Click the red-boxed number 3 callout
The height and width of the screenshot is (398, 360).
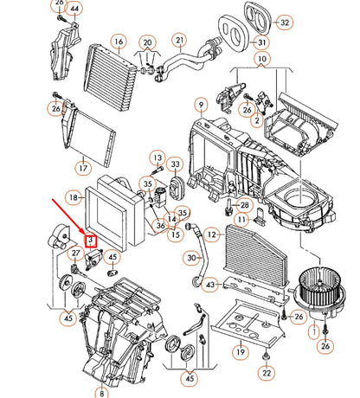coord(91,240)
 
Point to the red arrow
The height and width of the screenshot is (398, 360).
coord(69,216)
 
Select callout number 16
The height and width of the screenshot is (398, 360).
coord(119,42)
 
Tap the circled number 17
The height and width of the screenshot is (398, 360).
coord(83,168)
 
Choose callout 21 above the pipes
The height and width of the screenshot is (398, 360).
coord(180,41)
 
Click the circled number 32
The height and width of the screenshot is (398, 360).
coord(284,22)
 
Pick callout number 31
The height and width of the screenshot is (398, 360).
coord(261,42)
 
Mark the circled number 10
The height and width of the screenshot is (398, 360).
coord(262,59)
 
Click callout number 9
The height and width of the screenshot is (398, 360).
coord(201,105)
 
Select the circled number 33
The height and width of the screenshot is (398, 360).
coord(176,164)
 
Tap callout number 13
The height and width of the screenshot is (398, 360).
coord(157,158)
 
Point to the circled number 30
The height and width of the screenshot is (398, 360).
coord(191,258)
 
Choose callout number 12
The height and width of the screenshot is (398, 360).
coord(212,234)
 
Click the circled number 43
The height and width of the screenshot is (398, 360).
coord(210,285)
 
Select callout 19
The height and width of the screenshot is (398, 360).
coord(241,352)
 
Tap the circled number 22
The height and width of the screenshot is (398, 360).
coord(267,373)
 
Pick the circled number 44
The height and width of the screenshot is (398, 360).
coord(74,9)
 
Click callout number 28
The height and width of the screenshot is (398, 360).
coord(245,205)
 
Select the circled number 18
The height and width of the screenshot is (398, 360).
coord(74,197)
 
